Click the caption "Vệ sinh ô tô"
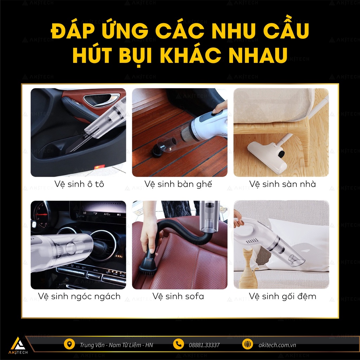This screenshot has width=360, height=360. [x=79, y=184]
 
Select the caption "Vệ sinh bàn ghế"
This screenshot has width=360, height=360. [x=178, y=184]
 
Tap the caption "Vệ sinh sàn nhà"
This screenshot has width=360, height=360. [x=282, y=184]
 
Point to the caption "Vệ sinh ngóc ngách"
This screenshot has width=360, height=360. [x=79, y=296]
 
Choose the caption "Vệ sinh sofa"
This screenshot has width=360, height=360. [x=178, y=296]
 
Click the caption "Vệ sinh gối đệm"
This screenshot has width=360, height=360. [x=282, y=296]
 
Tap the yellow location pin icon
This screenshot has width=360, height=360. [x=69, y=345]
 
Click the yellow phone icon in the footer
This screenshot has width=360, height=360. [x=178, y=345]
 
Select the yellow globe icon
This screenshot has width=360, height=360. [x=247, y=345]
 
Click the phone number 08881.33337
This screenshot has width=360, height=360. [x=204, y=345]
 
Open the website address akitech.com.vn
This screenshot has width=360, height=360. [x=277, y=345]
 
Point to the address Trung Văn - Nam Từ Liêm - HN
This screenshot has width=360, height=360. [x=116, y=345]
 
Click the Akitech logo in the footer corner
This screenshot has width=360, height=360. [x=18, y=346]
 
